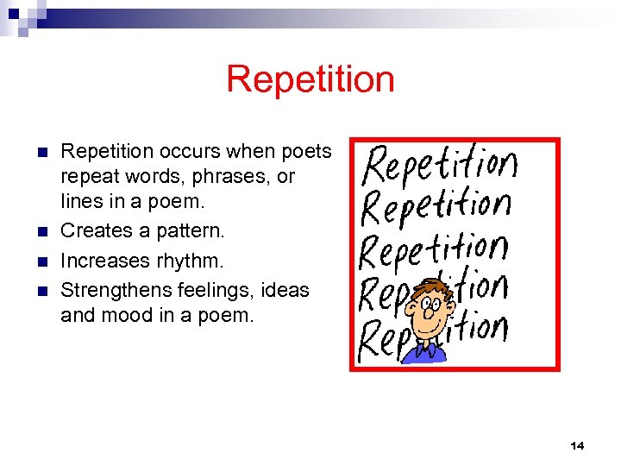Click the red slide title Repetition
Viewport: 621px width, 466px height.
pyautogui.click(x=310, y=79)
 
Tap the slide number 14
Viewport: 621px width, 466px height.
pyautogui.click(x=577, y=445)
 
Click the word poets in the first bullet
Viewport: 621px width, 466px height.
pyautogui.click(x=305, y=152)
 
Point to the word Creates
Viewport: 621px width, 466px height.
pyautogui.click(x=94, y=230)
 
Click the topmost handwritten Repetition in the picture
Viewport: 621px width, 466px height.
pyautogui.click(x=440, y=164)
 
